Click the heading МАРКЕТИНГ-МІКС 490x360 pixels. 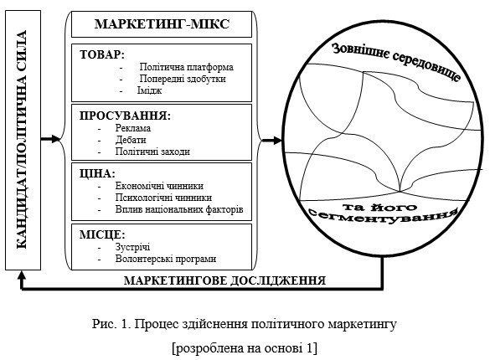(x=162, y=24)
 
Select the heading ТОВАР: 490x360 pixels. (x=102, y=54)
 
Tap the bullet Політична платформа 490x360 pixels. (x=186, y=67)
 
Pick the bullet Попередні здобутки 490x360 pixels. (x=183, y=79)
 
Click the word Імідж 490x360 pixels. (x=149, y=90)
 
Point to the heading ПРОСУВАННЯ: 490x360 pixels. (x=125, y=116)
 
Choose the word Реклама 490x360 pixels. (x=133, y=128)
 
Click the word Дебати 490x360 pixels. (x=131, y=140)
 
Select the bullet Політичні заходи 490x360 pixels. (x=152, y=152)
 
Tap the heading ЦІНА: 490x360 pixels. (x=97, y=173)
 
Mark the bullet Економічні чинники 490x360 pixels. (x=159, y=186)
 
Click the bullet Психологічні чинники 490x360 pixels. (x=163, y=198)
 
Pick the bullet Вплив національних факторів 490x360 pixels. (x=179, y=209)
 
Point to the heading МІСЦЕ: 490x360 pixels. (x=102, y=234)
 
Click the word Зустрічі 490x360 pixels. (x=132, y=247)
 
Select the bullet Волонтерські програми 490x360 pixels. (x=166, y=259)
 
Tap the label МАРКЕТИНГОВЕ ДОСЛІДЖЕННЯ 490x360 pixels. (x=224, y=280)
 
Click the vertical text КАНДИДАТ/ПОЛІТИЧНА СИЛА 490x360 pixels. (x=21, y=140)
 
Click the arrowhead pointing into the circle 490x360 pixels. (x=278, y=140)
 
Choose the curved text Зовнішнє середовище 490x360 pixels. (x=396, y=61)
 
